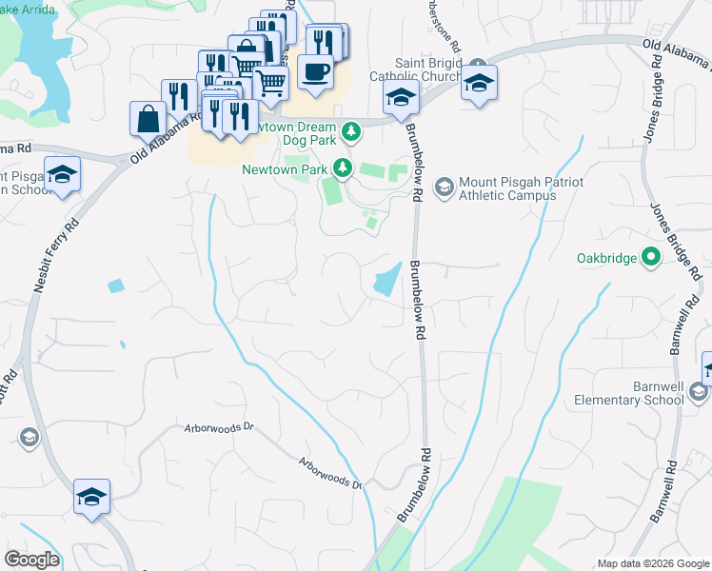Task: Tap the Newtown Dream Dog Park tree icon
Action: pyautogui.click(x=352, y=128)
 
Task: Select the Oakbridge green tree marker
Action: pyautogui.click(x=651, y=257)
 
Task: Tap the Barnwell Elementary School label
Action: pyautogui.click(x=629, y=393)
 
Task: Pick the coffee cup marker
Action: pyautogui.click(x=315, y=71)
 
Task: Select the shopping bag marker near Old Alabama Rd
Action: pyautogui.click(x=148, y=119)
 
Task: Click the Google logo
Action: pyautogui.click(x=30, y=560)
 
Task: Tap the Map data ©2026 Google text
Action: pyautogui.click(x=651, y=563)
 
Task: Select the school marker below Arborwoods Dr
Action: pyautogui.click(x=92, y=498)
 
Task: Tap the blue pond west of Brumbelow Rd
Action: pyautogui.click(x=386, y=282)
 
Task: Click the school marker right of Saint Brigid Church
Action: pyautogui.click(x=479, y=83)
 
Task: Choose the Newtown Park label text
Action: pyautogui.click(x=285, y=169)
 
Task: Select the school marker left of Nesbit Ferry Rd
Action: pyautogui.click(x=63, y=175)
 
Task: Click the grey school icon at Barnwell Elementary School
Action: pyautogui.click(x=699, y=392)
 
